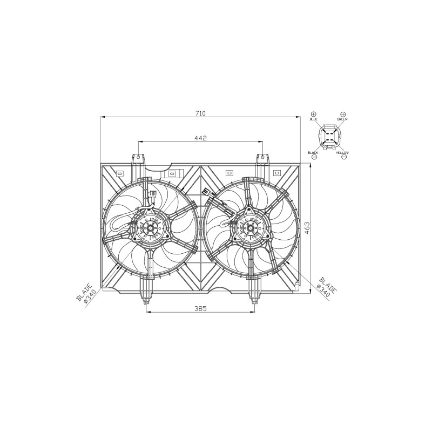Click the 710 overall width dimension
click(200, 113)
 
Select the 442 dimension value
click(200, 138)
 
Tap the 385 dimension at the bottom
click(200, 308)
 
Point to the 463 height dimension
click(307, 228)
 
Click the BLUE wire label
click(314, 119)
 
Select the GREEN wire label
click(342, 119)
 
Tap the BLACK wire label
click(313, 153)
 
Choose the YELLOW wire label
click(343, 153)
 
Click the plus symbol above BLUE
click(314, 114)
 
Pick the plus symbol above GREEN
click(343, 114)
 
